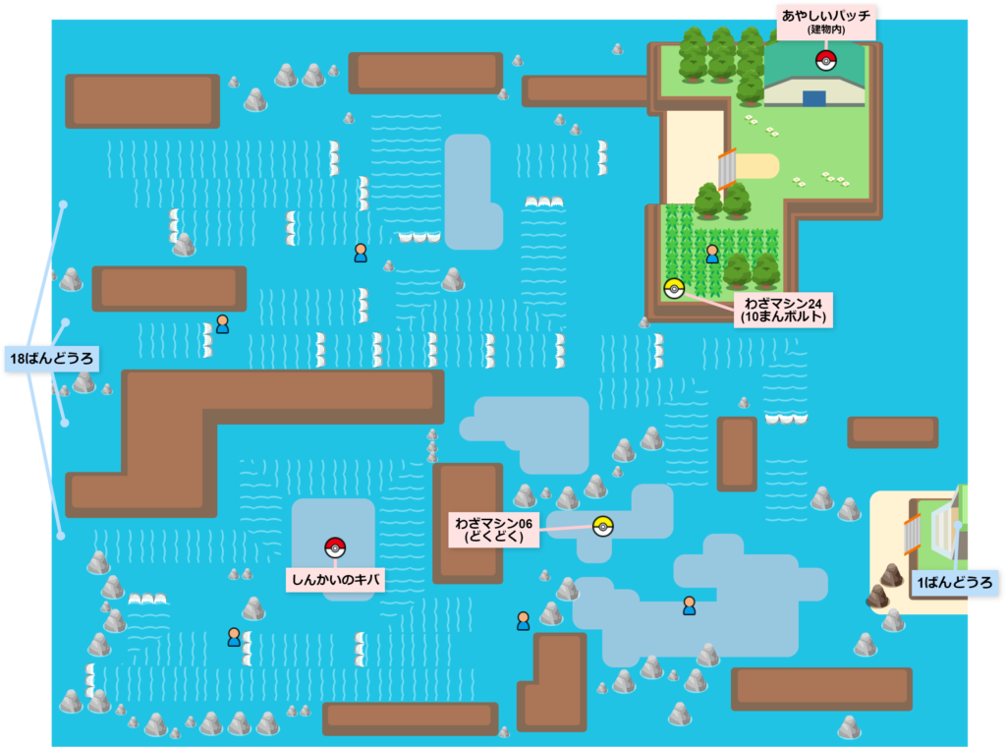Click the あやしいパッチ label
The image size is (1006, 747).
pyautogui.click(x=826, y=17)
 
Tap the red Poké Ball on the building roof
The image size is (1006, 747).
pyautogui.click(x=825, y=61)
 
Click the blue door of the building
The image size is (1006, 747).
pyautogui.click(x=813, y=98)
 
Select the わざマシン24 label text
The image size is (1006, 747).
pyautogui.click(x=782, y=301)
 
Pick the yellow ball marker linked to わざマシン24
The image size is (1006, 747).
pyautogui.click(x=673, y=288)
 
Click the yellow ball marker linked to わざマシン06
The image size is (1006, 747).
pyautogui.click(x=602, y=526)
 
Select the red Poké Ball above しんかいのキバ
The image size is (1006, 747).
pyautogui.click(x=335, y=547)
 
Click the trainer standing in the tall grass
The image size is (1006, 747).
pyautogui.click(x=712, y=254)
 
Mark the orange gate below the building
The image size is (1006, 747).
pyautogui.click(x=727, y=169)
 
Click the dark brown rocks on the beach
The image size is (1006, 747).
pyautogui.click(x=883, y=586)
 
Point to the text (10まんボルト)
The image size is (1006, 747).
pyautogui.click(x=783, y=317)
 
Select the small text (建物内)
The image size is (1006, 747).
pyautogui.click(x=826, y=31)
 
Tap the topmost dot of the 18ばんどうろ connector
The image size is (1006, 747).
pyautogui.click(x=63, y=205)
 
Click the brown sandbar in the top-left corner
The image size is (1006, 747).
pyautogui.click(x=142, y=100)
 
